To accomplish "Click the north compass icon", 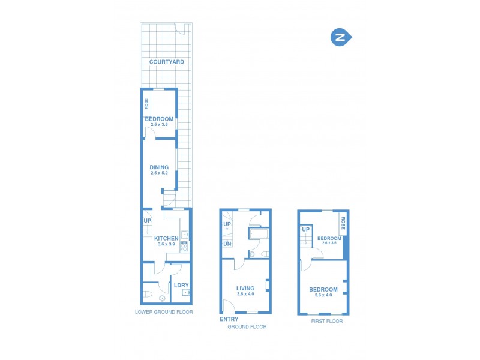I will (340, 38).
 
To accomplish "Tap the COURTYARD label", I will (166, 62).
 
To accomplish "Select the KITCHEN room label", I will (166, 238).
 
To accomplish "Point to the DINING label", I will (159, 167).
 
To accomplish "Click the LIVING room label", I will (245, 288).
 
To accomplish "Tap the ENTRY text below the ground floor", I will (229, 319).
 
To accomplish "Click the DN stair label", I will (227, 244).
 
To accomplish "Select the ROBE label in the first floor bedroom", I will (343, 224).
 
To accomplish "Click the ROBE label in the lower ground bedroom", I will (146, 103).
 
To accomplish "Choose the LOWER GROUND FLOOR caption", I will (164, 313).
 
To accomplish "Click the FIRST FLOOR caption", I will (326, 322).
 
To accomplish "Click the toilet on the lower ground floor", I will (148, 294).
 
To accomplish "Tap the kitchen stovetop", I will (184, 245).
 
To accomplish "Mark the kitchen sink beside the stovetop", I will (185, 235).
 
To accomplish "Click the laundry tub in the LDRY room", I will (185, 293).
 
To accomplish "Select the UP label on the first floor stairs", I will (305, 229).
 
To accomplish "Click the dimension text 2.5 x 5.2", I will (159, 173).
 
